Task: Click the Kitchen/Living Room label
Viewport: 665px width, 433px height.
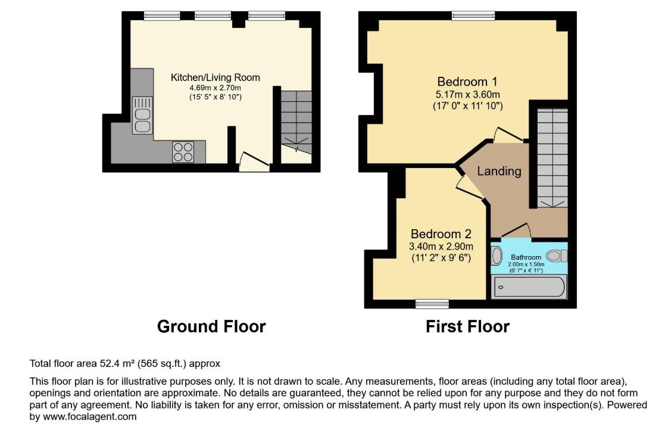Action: pos(215,77)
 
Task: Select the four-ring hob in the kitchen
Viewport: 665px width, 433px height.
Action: pos(183,152)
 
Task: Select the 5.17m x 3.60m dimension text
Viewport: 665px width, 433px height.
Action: pos(467,94)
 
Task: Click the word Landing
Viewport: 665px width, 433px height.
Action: pos(499,171)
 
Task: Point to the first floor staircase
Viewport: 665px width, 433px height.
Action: pos(552,158)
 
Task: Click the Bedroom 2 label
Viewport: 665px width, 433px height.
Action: pos(441,233)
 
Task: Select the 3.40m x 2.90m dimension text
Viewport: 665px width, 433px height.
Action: pos(441,246)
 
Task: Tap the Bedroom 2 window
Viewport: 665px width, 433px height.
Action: pos(432,304)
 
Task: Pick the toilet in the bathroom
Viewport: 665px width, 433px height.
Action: pos(557,256)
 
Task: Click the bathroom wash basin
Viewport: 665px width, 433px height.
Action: pos(497,256)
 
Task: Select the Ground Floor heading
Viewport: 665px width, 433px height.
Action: pos(211,326)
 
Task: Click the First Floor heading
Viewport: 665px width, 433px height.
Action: pos(467,326)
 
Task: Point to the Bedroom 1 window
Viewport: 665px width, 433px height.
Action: pos(473,16)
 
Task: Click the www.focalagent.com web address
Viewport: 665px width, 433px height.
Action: pos(90,416)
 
